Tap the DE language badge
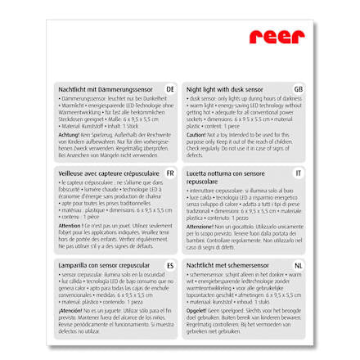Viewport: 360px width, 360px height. click(169, 88)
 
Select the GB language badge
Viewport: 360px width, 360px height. click(298, 88)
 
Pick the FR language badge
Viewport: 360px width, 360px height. click(169, 174)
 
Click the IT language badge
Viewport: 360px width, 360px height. click(299, 174)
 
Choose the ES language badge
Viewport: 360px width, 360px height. click(169, 266)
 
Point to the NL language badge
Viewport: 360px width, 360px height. click(298, 266)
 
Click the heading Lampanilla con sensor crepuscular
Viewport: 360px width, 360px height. click(97, 266)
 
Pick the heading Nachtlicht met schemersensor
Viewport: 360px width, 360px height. click(223, 266)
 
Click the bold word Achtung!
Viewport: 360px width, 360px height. click(68, 134)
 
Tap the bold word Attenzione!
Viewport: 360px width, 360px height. click(200, 225)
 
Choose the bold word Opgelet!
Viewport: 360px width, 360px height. click(196, 312)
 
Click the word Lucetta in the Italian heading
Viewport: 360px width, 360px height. click(196, 173)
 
